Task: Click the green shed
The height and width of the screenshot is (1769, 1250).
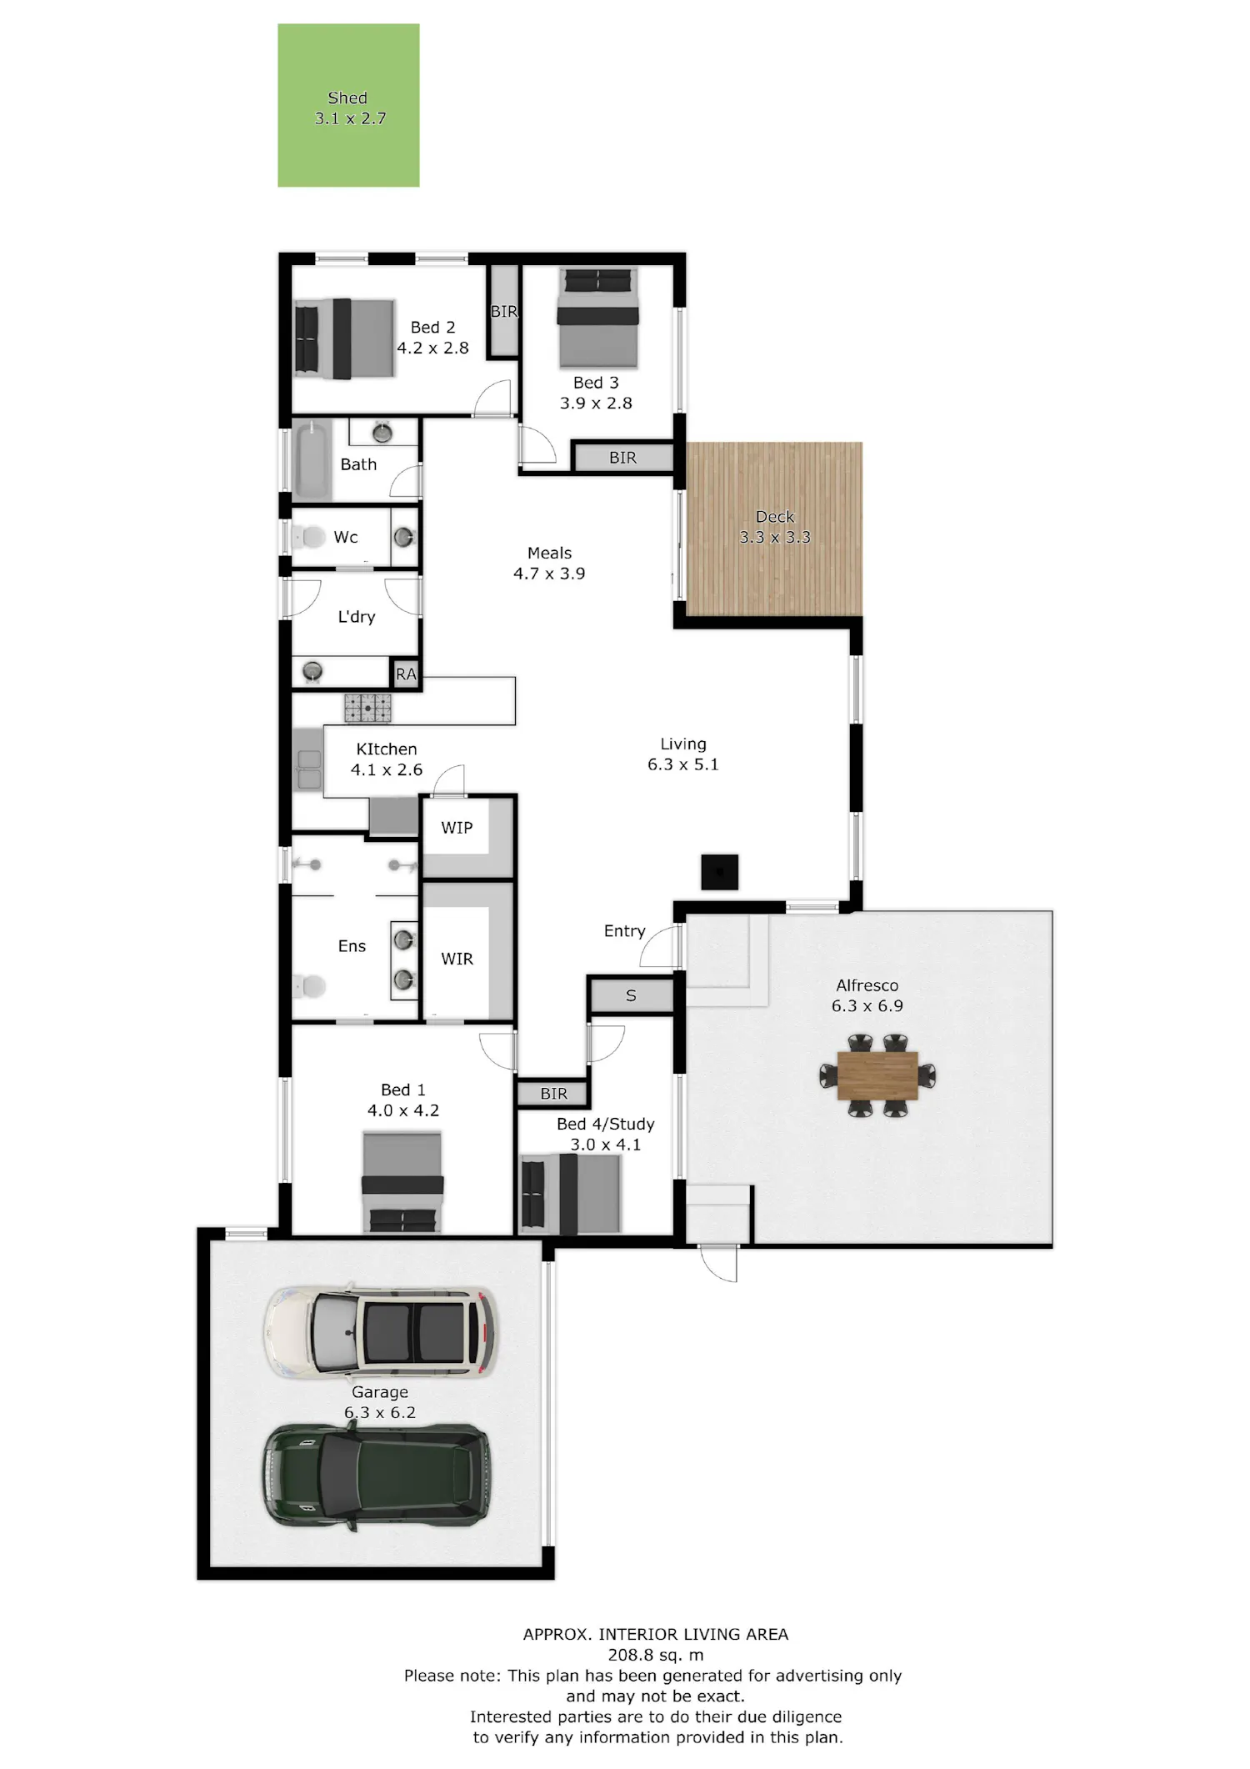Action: [348, 105]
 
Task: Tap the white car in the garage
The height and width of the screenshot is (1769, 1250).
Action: [381, 1331]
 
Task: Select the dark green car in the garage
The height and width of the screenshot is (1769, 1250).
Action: [377, 1476]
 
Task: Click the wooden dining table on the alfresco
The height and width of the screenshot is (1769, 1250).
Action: [877, 1075]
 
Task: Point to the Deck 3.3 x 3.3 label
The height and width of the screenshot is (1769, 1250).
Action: [775, 527]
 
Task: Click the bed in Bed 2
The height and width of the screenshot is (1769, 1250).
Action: [344, 338]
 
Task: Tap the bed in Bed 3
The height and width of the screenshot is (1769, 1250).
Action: [597, 318]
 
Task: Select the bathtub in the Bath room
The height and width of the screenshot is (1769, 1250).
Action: [312, 461]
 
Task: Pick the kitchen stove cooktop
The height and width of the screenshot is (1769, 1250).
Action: [367, 708]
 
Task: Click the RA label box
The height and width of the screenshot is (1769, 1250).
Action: [406, 674]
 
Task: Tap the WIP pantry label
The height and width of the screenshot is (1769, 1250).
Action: [457, 828]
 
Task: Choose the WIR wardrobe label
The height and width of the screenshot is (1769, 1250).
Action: [457, 959]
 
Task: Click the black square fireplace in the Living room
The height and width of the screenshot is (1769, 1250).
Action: [719, 872]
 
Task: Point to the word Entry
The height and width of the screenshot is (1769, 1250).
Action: [624, 931]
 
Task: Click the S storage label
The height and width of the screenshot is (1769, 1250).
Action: [631, 995]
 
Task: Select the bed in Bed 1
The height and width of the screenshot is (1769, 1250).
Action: [402, 1182]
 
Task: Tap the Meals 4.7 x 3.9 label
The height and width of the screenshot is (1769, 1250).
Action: [549, 563]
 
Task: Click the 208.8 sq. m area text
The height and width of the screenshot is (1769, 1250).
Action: [656, 1655]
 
